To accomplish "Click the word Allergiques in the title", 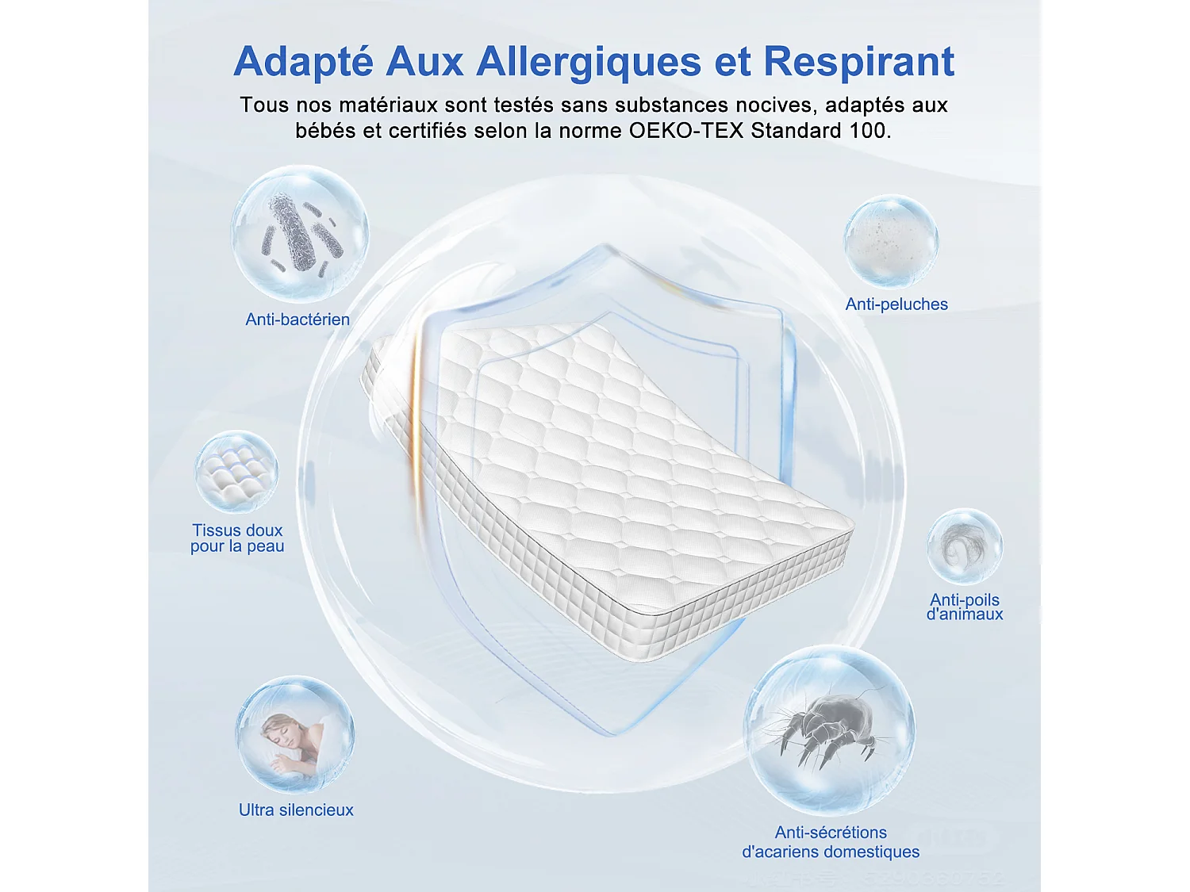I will pyautogui.click(x=589, y=62).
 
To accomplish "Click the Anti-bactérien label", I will pyautogui.click(x=297, y=320).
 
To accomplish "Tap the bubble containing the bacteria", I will pyautogui.click(x=300, y=233).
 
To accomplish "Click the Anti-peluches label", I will pyautogui.click(x=896, y=304).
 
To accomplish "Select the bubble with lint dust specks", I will pyautogui.click(x=891, y=241).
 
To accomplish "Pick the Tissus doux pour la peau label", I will pyautogui.click(x=237, y=538).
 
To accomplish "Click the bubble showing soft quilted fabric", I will pyautogui.click(x=236, y=472).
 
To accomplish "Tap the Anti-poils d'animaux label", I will pyautogui.click(x=965, y=607).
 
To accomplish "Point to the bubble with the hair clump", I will pyautogui.click(x=965, y=546).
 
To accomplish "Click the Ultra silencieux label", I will pyautogui.click(x=296, y=810).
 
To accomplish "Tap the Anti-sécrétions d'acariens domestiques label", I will pyautogui.click(x=831, y=842).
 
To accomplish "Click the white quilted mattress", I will pyautogui.click(x=603, y=476).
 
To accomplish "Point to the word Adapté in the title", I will pyautogui.click(x=303, y=62).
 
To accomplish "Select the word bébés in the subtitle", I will pyautogui.click(x=325, y=131).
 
